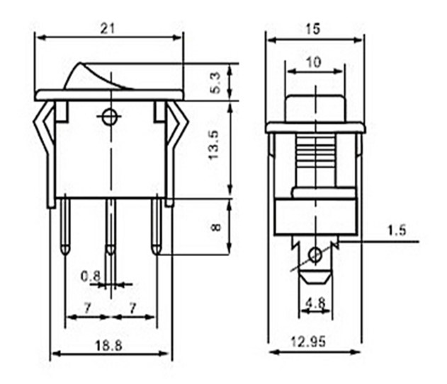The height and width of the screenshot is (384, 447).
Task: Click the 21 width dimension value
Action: [x=108, y=28]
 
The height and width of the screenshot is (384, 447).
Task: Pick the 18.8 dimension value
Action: [x=111, y=346]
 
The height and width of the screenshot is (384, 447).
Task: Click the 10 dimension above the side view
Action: [x=314, y=62]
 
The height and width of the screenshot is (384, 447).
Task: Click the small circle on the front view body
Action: [x=110, y=117]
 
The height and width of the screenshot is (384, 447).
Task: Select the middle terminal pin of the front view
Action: [x=111, y=226]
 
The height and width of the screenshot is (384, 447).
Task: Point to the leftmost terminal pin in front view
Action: [x=65, y=226]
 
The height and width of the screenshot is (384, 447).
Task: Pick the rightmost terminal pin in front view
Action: [x=156, y=226]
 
